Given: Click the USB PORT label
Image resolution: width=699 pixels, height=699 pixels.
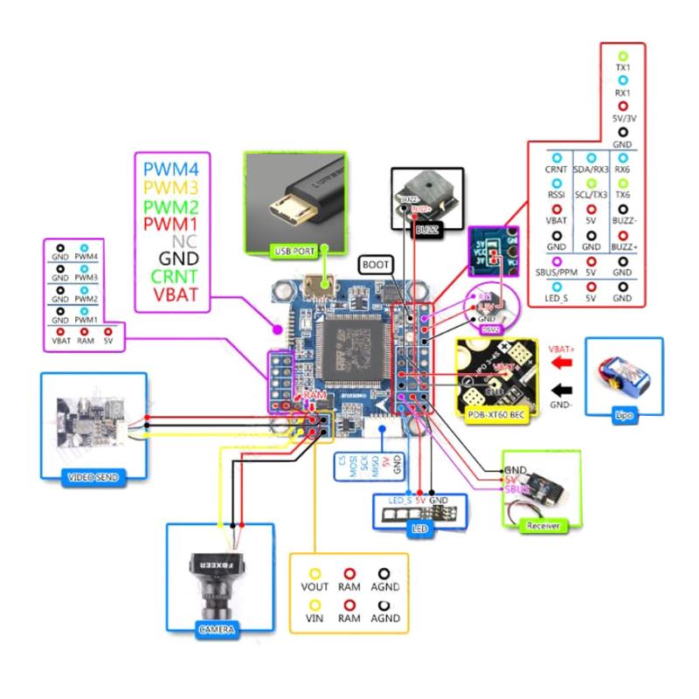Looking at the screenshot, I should pos(295,253).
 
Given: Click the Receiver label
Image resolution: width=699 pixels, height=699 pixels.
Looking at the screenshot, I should pos(543,526).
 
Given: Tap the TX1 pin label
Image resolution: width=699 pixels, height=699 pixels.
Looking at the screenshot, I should pos(623,66).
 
